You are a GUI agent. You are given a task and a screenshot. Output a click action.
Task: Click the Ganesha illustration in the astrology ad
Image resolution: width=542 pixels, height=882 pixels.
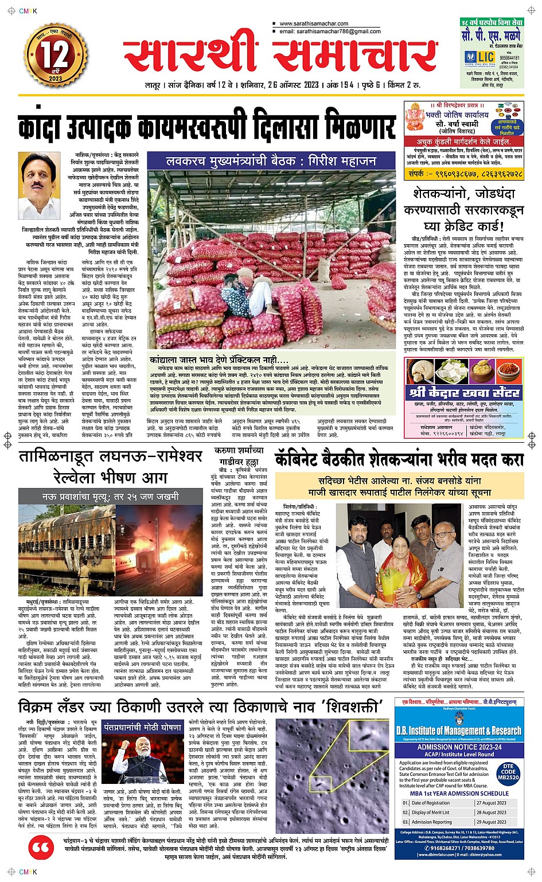click(415, 117)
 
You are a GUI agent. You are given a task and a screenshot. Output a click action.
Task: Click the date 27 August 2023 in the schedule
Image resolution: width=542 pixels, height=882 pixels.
click(491, 803)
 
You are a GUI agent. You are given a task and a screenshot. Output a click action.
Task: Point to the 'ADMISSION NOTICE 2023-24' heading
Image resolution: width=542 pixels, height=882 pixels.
click(459, 747)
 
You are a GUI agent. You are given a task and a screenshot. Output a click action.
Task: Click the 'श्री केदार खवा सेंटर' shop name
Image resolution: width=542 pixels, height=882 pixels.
click(465, 393)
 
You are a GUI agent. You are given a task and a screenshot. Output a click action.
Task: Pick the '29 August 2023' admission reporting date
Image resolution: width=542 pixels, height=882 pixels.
click(491, 822)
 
